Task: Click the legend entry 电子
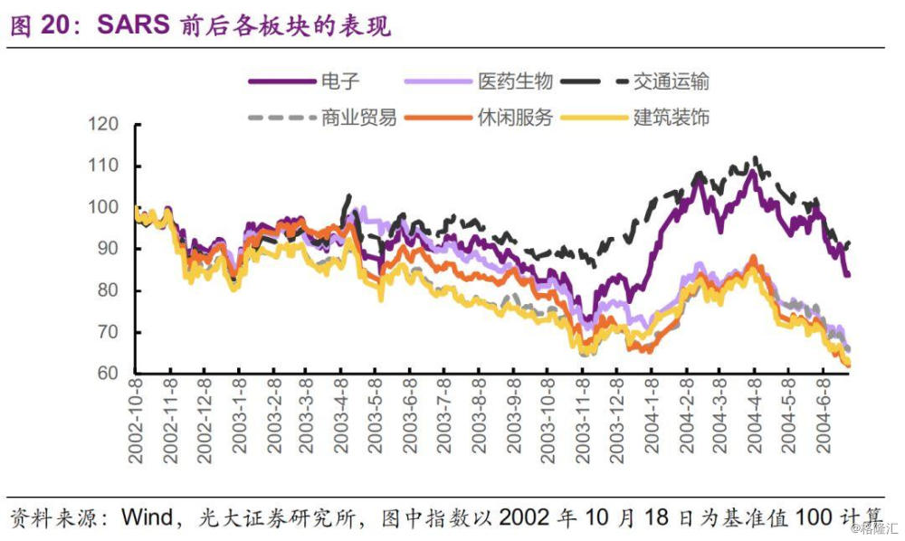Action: [340, 82]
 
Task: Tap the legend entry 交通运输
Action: [671, 82]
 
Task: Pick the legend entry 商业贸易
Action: [358, 118]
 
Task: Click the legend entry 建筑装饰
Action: [671, 118]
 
